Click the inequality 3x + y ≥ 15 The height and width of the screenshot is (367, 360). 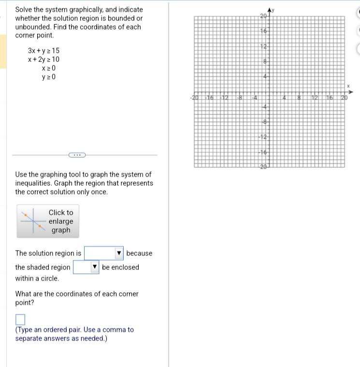pos(43,50)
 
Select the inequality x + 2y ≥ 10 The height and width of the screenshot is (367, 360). pos(43,59)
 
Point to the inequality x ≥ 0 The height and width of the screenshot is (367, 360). pos(48,68)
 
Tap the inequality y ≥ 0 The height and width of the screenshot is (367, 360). pos(48,77)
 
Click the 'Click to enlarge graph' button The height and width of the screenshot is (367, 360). pos(48,221)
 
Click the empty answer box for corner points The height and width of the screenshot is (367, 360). pos(20,319)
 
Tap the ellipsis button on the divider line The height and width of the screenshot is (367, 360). pos(77,155)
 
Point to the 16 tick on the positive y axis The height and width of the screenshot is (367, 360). pos(263,31)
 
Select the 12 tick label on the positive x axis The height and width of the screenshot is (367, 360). pos(315,98)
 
